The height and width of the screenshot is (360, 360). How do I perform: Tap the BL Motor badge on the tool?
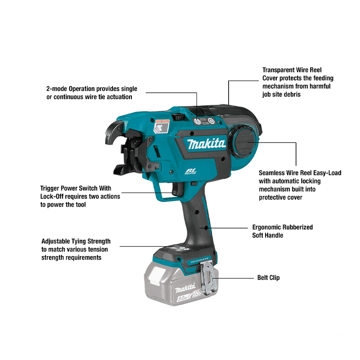[190, 171]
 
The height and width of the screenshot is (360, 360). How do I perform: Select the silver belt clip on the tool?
[208, 277]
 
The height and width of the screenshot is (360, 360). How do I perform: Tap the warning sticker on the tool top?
[162, 126]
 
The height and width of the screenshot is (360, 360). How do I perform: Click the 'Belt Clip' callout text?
[268, 278]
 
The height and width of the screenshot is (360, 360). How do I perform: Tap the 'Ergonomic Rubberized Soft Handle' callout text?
[283, 231]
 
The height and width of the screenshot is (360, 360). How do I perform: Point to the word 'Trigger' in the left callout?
[49, 189]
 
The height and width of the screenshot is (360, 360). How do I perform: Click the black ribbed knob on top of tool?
[179, 117]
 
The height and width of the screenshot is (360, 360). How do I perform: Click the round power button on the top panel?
[211, 121]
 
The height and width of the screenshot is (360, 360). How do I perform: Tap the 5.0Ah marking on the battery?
[183, 298]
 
